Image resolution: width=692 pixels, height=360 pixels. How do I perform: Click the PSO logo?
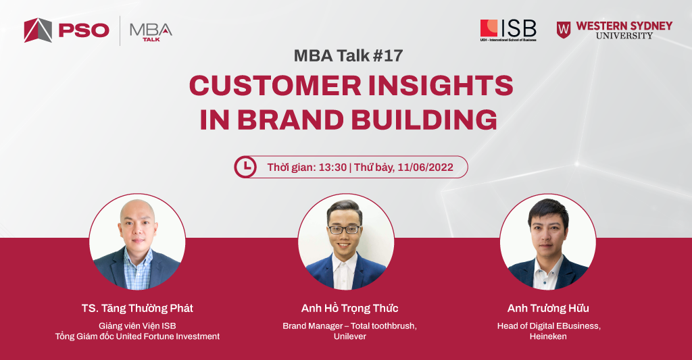[x=67, y=30]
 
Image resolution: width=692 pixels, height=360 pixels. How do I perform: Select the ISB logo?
[x=508, y=30]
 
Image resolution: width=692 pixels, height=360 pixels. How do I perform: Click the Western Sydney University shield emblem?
[x=563, y=30]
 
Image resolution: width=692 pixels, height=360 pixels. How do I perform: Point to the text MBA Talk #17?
[x=348, y=55]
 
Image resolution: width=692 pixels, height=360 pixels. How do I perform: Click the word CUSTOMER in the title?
[x=275, y=85]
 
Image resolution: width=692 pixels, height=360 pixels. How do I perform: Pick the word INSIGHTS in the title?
[x=441, y=85]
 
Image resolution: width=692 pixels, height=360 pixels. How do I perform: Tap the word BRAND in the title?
[x=291, y=120]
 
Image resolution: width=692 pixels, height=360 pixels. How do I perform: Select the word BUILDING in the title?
[x=424, y=120]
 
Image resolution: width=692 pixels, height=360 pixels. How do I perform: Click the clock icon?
[x=245, y=167]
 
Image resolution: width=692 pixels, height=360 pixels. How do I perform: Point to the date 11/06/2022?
[x=426, y=168]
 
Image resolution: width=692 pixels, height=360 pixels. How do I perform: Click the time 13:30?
[x=332, y=168]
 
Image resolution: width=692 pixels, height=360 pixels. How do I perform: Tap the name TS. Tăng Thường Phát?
[x=137, y=309]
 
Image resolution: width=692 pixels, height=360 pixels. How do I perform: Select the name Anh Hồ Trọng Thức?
[x=349, y=309]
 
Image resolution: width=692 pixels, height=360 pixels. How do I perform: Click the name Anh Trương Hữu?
[x=548, y=309]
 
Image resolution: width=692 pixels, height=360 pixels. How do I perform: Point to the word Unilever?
[x=350, y=336]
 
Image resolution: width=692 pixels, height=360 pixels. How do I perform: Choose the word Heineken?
[x=548, y=336]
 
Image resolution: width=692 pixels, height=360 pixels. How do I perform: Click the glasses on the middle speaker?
[x=344, y=230]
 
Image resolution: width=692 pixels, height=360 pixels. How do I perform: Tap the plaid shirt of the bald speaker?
[x=137, y=270]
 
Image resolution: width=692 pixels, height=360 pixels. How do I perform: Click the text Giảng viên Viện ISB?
[x=137, y=326]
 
